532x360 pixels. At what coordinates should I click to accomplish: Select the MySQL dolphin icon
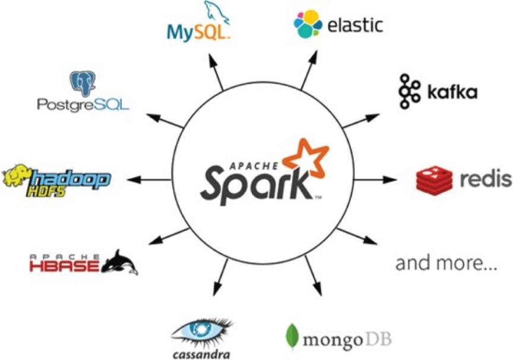click(x=214, y=13)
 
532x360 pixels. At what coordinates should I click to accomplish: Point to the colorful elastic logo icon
click(x=308, y=24)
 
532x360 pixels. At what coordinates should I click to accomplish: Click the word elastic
click(x=355, y=25)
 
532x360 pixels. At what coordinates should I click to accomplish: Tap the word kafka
click(x=452, y=93)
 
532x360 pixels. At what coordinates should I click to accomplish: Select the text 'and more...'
click(x=446, y=263)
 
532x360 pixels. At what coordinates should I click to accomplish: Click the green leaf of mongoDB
click(x=292, y=336)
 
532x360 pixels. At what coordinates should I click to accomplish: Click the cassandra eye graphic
click(x=202, y=330)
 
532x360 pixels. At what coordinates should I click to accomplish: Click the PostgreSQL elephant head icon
click(x=83, y=83)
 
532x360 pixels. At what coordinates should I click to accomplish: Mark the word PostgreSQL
click(x=83, y=105)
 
